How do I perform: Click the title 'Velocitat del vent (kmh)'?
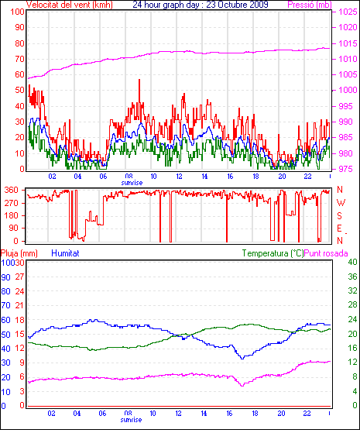(x=70, y=5)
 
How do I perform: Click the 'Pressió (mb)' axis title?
(x=310, y=5)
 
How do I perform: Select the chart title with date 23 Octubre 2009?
(x=201, y=5)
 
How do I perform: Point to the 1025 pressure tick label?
(x=348, y=12)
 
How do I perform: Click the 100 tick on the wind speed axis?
(x=17, y=12)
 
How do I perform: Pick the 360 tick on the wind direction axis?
(x=12, y=190)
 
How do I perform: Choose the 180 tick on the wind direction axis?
(x=12, y=215)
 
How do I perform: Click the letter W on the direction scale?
(x=341, y=203)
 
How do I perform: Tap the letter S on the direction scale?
(x=340, y=215)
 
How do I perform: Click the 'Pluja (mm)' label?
(x=19, y=253)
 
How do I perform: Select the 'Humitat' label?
(x=66, y=253)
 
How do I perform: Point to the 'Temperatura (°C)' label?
(x=273, y=253)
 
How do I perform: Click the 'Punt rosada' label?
(x=326, y=253)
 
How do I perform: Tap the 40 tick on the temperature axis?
(x=352, y=262)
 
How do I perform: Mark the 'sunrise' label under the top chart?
(x=132, y=183)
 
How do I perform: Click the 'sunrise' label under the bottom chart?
(x=131, y=420)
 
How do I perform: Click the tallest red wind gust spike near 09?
(x=139, y=80)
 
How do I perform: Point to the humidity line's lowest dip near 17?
(x=242, y=359)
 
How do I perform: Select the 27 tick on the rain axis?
(x=19, y=277)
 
